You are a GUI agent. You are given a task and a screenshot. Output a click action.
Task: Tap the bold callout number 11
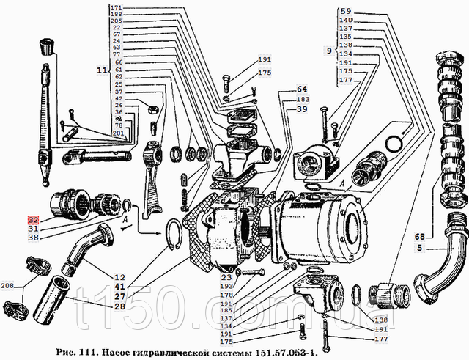coord(101,70)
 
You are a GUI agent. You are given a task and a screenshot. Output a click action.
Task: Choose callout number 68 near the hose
coord(418,237)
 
